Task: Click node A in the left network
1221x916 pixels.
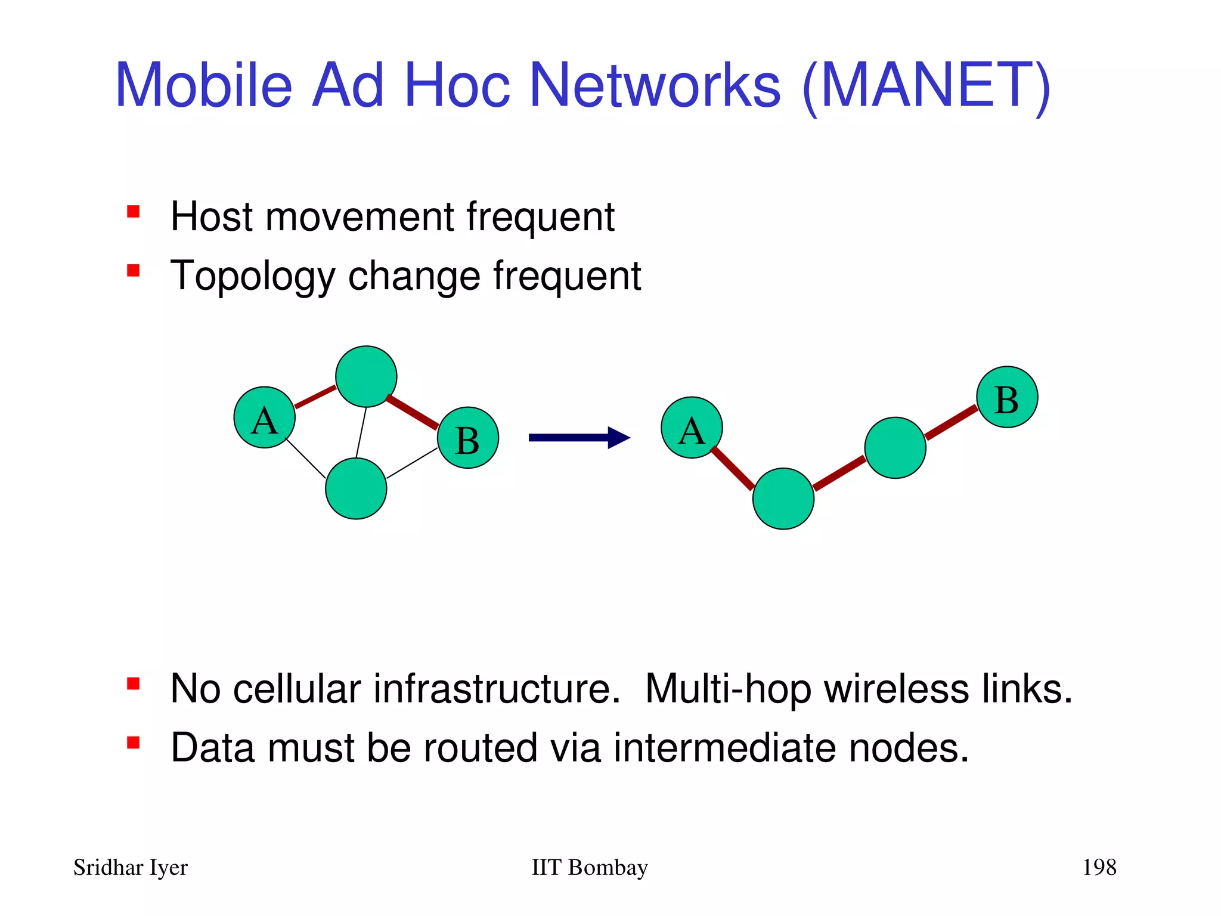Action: tap(264, 417)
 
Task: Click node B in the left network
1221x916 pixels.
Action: tap(468, 438)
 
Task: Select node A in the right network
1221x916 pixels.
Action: tap(692, 428)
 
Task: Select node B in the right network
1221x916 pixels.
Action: tap(1007, 397)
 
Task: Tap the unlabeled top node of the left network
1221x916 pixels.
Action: tap(366, 376)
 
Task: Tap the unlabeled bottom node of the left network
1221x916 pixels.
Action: tap(356, 488)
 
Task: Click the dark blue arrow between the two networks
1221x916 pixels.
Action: tap(578, 438)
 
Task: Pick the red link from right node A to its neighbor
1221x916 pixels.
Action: tap(733, 469)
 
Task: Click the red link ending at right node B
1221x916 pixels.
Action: tap(951, 423)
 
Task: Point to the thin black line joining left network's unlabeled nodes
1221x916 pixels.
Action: tap(361, 432)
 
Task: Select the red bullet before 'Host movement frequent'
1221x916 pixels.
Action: tap(133, 212)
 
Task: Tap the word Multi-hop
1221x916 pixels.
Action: tap(728, 689)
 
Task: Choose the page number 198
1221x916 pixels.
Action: tap(1099, 867)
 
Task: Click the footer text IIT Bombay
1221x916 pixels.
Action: tap(589, 868)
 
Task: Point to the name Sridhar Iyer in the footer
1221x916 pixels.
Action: tap(131, 868)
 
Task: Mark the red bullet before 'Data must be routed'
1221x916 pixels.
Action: tap(133, 743)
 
